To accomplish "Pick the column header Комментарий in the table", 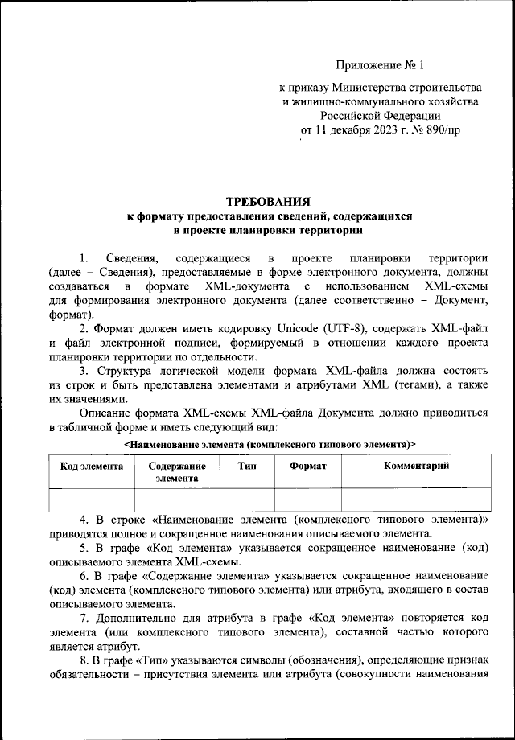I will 415,466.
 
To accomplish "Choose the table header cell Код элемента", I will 92,466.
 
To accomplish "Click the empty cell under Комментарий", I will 415,499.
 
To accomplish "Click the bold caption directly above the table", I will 270,443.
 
